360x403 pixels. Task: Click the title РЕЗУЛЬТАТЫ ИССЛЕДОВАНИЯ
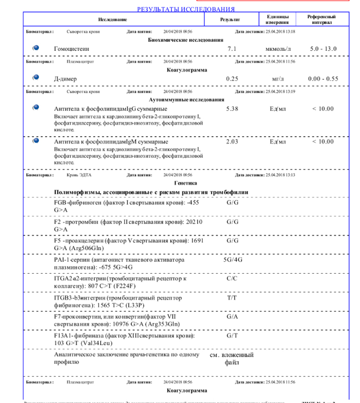pyautogui.click(x=186, y=9)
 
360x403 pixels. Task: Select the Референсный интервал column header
pyautogui.click(x=322, y=19)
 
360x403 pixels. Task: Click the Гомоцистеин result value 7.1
pyautogui.click(x=232, y=49)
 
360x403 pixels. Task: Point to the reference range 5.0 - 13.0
pyautogui.click(x=323, y=49)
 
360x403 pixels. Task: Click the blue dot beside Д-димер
pyautogui.click(x=36, y=77)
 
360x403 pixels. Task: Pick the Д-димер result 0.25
pyautogui.click(x=232, y=79)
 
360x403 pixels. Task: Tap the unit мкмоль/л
pyautogui.click(x=278, y=49)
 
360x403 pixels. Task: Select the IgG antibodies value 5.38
pyautogui.click(x=232, y=109)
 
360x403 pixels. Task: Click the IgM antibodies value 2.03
pyautogui.click(x=232, y=141)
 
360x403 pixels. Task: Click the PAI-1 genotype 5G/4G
pyautogui.click(x=233, y=259)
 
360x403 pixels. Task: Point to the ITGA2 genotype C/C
pyautogui.click(x=232, y=278)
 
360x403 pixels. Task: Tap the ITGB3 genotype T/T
pyautogui.click(x=232, y=297)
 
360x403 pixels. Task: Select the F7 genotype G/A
pyautogui.click(x=232, y=317)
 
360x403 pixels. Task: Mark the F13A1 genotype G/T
pyautogui.click(x=232, y=335)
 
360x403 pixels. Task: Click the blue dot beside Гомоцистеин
pyautogui.click(x=36, y=48)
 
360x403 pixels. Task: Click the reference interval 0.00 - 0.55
pyautogui.click(x=323, y=79)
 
